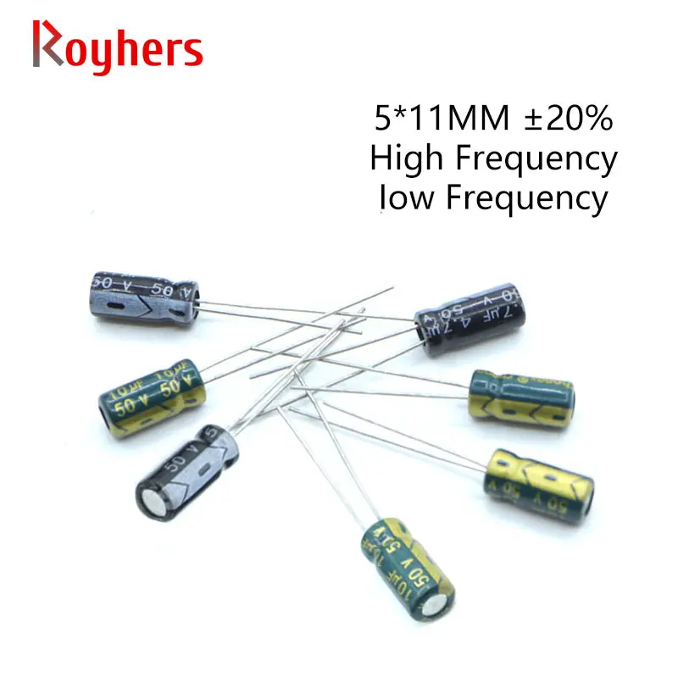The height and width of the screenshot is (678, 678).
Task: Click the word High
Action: click(x=403, y=158)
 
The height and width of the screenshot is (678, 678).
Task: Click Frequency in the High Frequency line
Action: click(x=531, y=160)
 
